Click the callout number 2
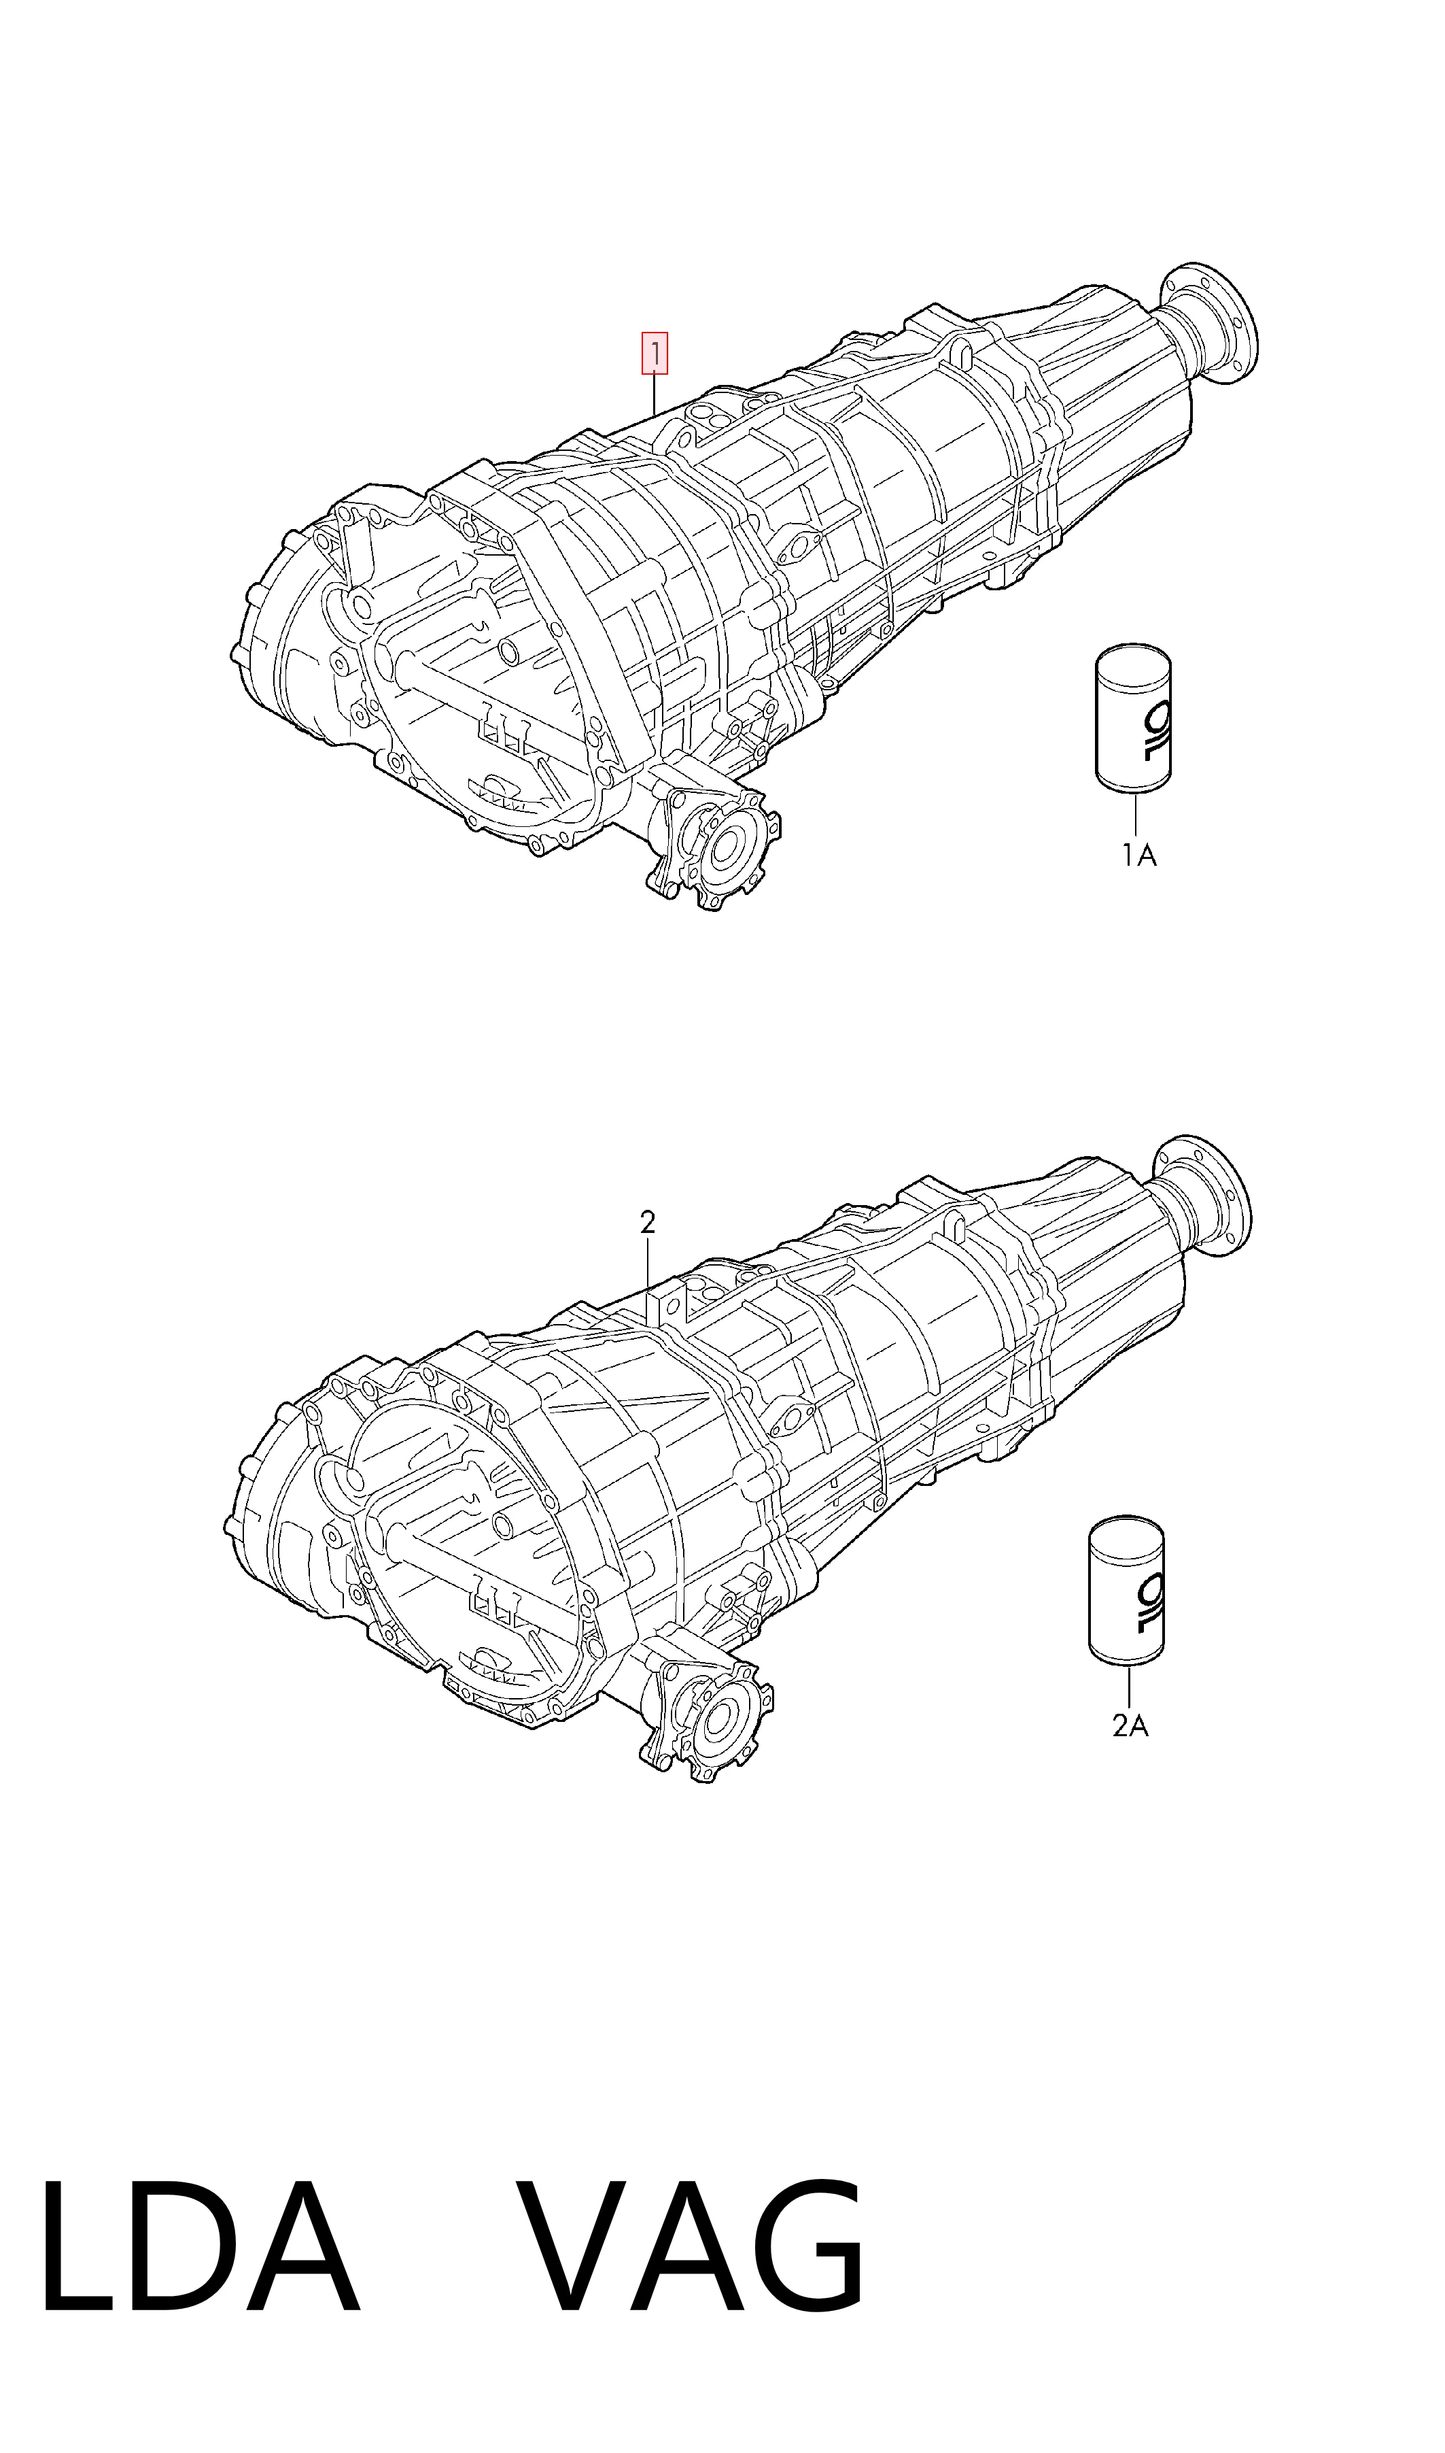click(x=648, y=1223)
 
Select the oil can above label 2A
click(x=1128, y=1588)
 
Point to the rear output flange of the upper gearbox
click(x=1209, y=322)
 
